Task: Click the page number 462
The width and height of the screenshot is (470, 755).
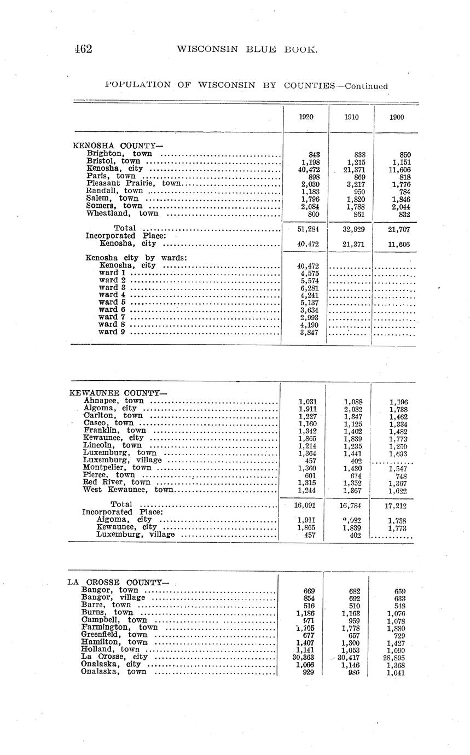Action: [83, 49]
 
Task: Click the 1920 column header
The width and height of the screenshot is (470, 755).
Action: [306, 117]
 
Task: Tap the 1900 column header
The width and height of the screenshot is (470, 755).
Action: [397, 117]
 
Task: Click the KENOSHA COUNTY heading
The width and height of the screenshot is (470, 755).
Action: [118, 146]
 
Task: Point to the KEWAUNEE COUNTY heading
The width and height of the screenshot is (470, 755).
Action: [118, 393]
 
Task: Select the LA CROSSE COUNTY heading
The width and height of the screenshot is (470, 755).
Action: [118, 582]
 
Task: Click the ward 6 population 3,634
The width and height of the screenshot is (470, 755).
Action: [310, 310]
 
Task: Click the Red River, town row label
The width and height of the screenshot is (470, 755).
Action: [117, 482]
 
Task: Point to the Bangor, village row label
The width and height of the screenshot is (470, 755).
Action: [113, 597]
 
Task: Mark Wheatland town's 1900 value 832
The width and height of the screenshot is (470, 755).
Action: [405, 214]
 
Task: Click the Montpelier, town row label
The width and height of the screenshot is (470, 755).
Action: [117, 468]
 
